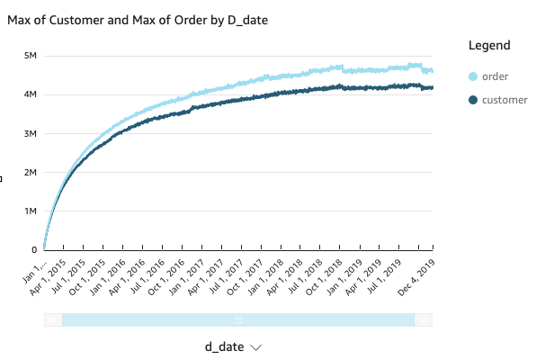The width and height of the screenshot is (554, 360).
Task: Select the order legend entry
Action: click(x=496, y=76)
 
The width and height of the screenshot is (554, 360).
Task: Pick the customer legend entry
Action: click(x=505, y=99)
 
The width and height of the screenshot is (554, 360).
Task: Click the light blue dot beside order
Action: click(x=473, y=76)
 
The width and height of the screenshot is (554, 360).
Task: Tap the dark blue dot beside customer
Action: click(x=473, y=99)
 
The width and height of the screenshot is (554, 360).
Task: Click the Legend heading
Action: click(x=489, y=45)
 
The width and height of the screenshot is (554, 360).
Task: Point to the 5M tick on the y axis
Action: click(x=30, y=56)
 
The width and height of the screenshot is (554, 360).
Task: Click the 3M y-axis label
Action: click(x=30, y=133)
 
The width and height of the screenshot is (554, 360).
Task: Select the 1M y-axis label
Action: click(x=30, y=211)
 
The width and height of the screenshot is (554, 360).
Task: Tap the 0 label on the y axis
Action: click(x=34, y=249)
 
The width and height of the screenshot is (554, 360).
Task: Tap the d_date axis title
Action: click(x=225, y=346)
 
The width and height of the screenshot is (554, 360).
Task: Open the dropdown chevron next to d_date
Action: click(x=256, y=347)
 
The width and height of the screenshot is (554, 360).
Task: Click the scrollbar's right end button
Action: click(x=424, y=319)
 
